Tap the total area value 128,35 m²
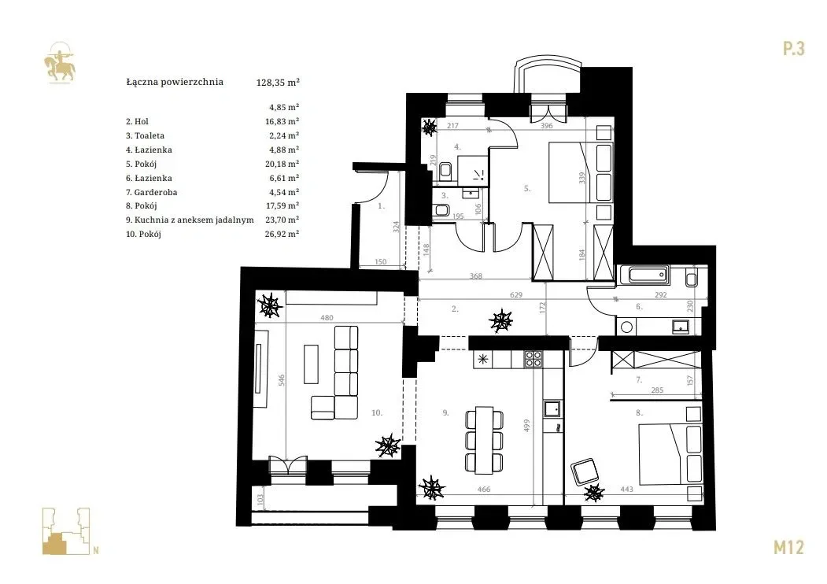coord(278,83)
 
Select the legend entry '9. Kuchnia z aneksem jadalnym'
coord(190,220)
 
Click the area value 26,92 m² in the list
coord(282,234)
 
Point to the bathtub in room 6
coord(644,275)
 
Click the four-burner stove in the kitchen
coord(533,359)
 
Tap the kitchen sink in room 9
coord(552,408)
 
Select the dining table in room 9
coord(484,439)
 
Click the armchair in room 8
coord(586,472)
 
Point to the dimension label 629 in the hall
coord(516,295)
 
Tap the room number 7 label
coord(639,379)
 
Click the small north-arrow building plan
coord(66,531)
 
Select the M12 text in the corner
coord(788,548)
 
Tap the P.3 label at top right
coord(793,49)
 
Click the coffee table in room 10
coord(311,364)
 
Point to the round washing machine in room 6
coord(626,327)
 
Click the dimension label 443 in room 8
coord(626,490)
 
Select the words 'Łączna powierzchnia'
coord(175,83)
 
